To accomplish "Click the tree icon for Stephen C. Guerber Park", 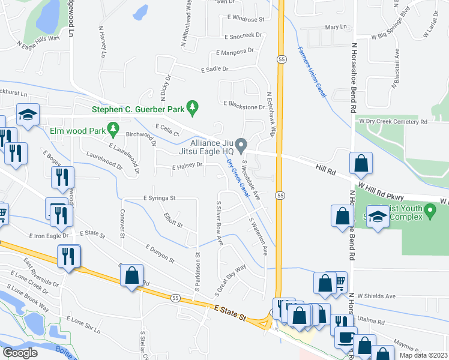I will (192, 107).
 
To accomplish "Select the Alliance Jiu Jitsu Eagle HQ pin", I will (241, 145).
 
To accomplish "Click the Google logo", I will (20, 353).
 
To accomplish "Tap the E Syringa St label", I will (159, 197).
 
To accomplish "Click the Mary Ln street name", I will (336, 27).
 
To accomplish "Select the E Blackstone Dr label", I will (244, 106).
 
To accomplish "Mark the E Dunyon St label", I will (158, 254).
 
